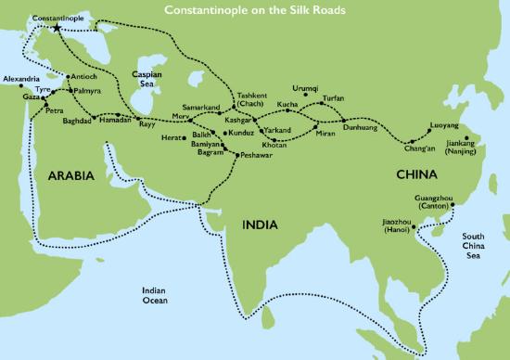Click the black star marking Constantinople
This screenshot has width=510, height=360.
point(57,29)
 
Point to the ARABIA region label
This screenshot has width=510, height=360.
point(60,173)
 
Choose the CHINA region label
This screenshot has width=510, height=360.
point(416,174)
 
